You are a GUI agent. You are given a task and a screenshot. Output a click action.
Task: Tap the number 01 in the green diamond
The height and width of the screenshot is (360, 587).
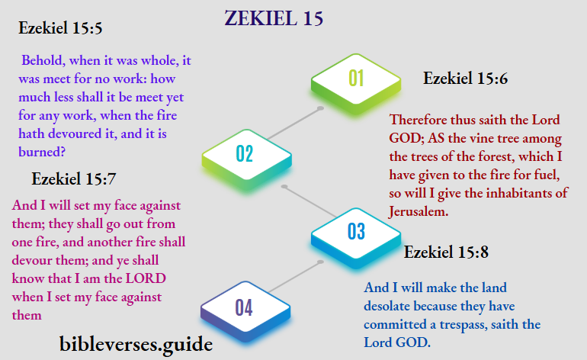[356, 77]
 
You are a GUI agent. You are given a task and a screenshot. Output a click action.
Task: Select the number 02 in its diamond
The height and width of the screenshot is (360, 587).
[244, 153]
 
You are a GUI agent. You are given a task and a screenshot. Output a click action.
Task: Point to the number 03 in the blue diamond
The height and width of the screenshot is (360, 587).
[356, 231]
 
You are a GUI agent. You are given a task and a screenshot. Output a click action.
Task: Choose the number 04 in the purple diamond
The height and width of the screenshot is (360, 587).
[243, 307]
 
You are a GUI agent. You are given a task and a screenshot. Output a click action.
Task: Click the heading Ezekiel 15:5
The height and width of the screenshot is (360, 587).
[60, 30]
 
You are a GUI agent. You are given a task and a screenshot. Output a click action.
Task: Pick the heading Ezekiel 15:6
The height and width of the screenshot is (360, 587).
[465, 78]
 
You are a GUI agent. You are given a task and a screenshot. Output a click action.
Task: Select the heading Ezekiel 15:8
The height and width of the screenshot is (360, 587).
[446, 252]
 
